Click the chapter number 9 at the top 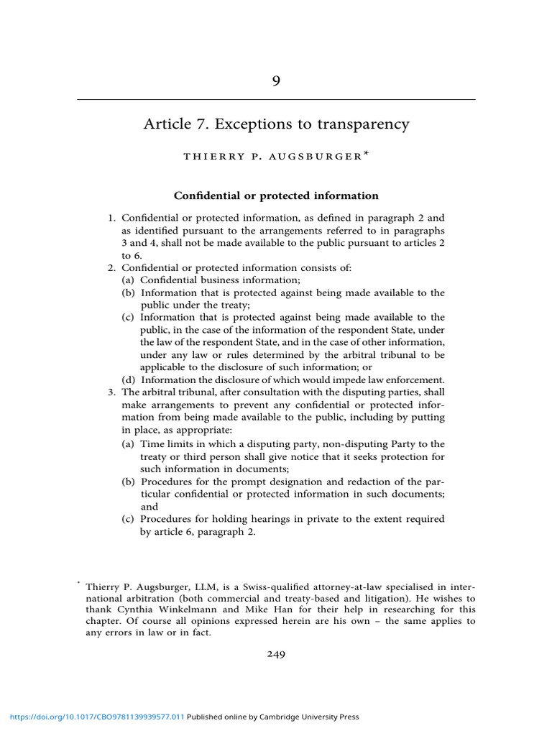tap(276, 81)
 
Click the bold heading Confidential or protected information tap(276, 195)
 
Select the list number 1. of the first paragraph tap(112, 217)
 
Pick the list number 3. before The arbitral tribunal tap(112, 392)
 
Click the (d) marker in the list tap(129, 379)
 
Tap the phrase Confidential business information tap(221, 280)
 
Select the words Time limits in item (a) tap(165, 444)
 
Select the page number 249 tap(276, 654)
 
